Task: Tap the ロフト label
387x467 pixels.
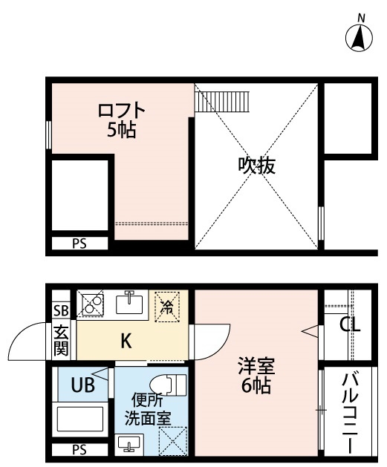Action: click(x=122, y=110)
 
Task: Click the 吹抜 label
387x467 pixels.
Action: click(x=256, y=166)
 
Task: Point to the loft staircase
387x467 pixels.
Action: click(x=221, y=102)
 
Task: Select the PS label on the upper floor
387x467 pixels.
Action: click(x=79, y=244)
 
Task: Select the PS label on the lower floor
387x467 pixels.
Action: click(x=79, y=449)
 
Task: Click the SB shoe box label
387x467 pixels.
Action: click(x=62, y=310)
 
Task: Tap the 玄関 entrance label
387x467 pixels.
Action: click(x=62, y=341)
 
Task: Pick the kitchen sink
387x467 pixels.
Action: click(x=129, y=302)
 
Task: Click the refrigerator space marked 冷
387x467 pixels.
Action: click(x=167, y=307)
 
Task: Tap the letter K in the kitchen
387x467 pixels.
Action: click(x=126, y=342)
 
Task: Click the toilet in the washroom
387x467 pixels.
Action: click(x=169, y=385)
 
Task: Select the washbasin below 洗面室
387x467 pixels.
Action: click(x=129, y=444)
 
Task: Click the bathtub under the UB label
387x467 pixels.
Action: click(x=79, y=419)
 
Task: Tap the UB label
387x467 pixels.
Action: click(x=82, y=385)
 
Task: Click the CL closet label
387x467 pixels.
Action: click(x=351, y=324)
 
